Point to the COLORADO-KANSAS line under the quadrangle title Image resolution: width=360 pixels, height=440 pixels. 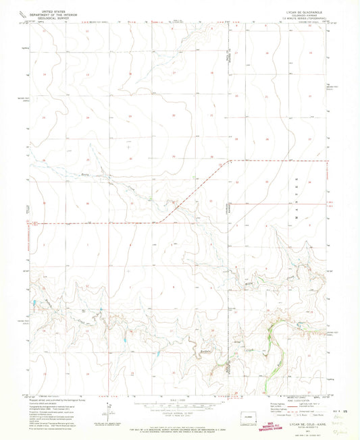click(305, 16)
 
